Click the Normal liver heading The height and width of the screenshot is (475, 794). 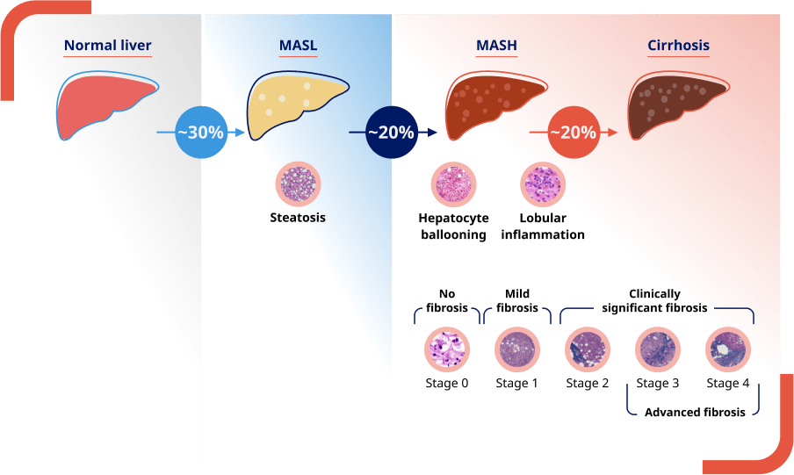point(107,46)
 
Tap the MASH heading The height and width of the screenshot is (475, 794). point(496,46)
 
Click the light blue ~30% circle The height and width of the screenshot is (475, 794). point(201,133)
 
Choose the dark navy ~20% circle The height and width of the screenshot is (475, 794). point(391,133)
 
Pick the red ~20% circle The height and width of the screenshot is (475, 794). point(573,133)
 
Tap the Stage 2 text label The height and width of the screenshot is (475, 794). point(588,383)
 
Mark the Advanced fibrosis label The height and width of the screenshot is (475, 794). point(694,412)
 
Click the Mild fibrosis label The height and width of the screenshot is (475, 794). point(517,301)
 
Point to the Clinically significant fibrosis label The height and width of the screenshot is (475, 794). point(654,301)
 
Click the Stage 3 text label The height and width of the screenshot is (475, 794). point(658,383)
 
